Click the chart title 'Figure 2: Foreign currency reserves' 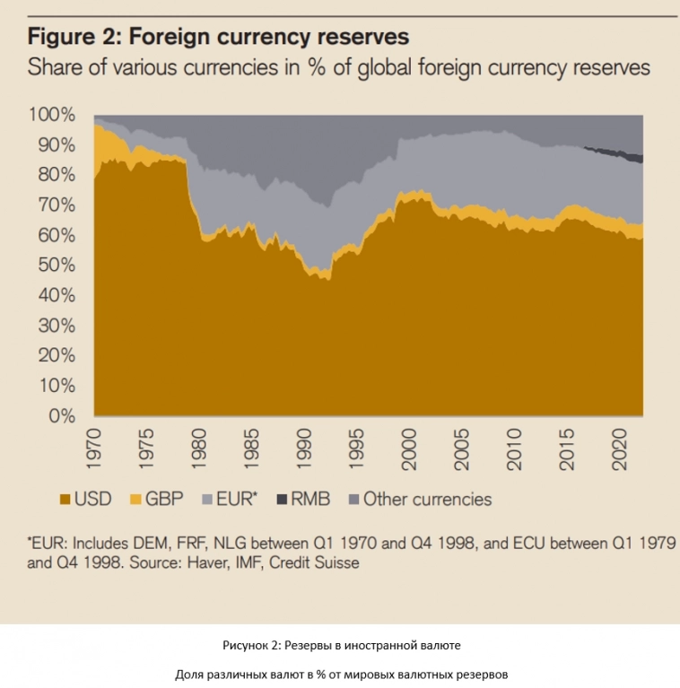point(219,37)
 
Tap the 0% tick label point(61,416)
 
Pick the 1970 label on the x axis point(96,447)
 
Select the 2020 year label point(619,447)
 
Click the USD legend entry point(86,500)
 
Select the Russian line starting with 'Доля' point(341,674)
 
